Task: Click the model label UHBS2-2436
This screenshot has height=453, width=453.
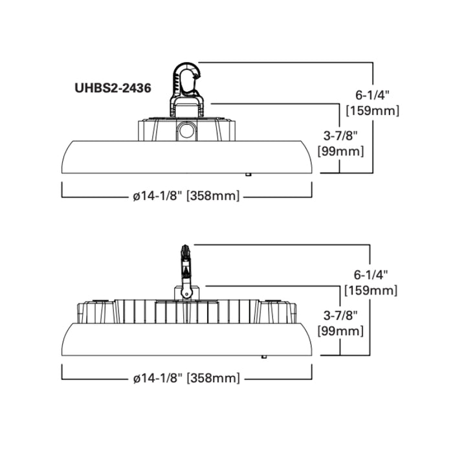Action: pyautogui.click(x=113, y=88)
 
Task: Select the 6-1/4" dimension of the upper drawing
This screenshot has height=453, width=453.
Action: pyautogui.click(x=372, y=94)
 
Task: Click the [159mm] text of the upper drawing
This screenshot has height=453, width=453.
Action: pyautogui.click(x=373, y=111)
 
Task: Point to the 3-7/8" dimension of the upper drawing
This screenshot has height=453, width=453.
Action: pyautogui.click(x=340, y=135)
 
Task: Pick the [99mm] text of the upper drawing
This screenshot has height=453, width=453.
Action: pyautogui.click(x=340, y=151)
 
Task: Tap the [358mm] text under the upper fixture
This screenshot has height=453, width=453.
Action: pyautogui.click(x=213, y=196)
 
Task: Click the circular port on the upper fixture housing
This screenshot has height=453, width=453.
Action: pyautogui.click(x=186, y=131)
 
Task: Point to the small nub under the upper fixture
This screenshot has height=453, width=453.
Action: pyautogui.click(x=248, y=174)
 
